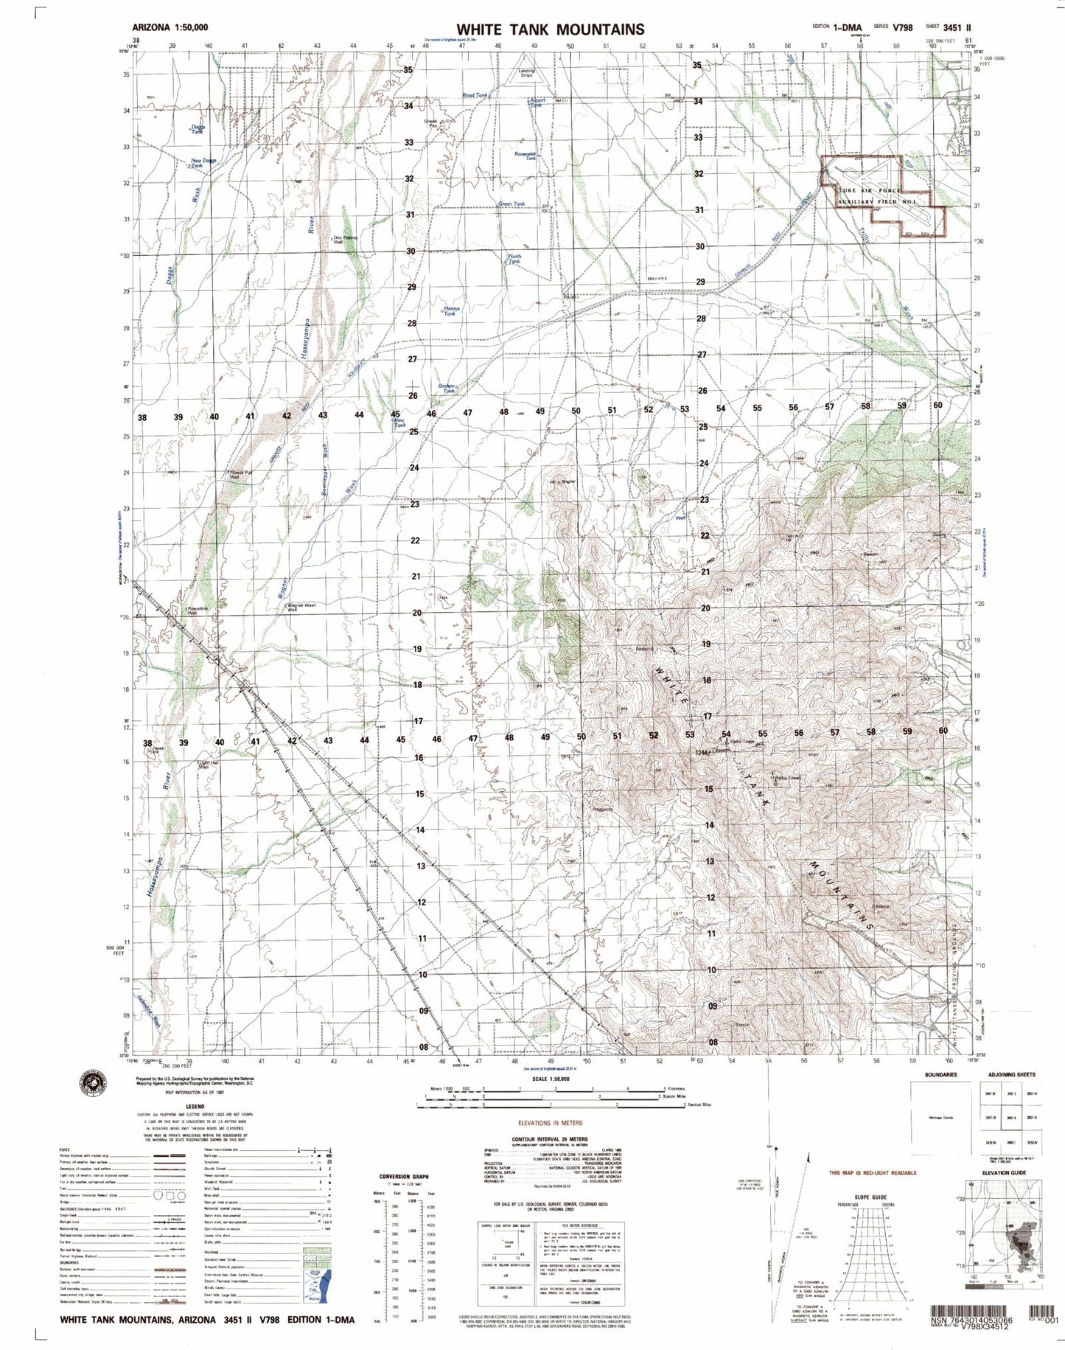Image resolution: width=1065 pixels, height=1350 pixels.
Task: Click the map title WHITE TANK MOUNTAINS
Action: coord(550,29)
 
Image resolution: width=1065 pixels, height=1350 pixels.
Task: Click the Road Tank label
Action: coord(475,96)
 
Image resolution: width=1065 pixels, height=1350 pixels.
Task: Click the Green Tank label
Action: coord(511,204)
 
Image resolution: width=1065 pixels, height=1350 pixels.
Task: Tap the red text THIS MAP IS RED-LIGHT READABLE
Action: coord(873,1172)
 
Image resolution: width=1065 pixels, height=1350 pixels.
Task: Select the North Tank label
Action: coord(514,260)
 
